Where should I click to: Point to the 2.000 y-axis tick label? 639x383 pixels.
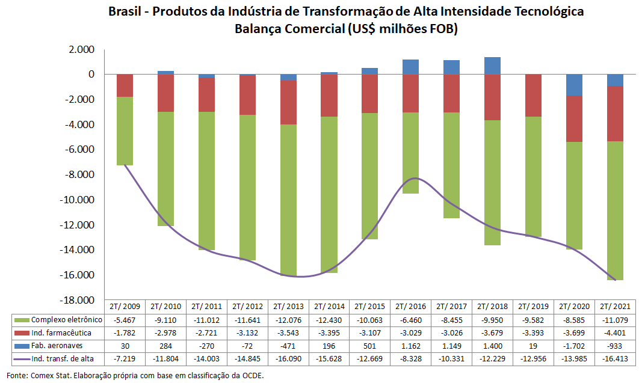pos(82,49)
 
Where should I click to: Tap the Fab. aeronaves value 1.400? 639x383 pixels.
pos(492,346)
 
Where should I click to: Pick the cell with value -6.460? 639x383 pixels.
pos(410,320)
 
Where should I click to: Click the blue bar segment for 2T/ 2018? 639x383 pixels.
pos(492,66)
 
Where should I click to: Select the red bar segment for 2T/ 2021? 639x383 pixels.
pos(615,114)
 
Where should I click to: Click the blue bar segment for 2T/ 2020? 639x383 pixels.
pos(574,85)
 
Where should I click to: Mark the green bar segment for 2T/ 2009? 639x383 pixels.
pos(125,130)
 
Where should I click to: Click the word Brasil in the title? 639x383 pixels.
pos(126,11)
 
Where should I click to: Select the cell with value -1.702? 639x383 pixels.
pos(574,346)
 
